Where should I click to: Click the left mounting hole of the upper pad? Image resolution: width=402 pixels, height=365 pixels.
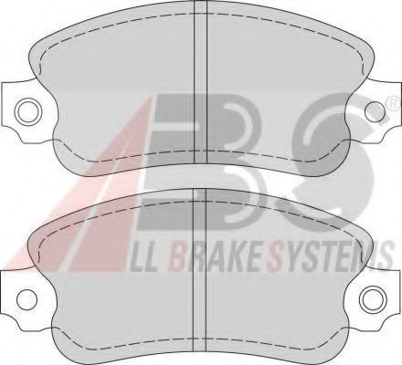coord(28,111)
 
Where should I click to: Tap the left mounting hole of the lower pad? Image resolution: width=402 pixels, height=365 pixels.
coord(26,298)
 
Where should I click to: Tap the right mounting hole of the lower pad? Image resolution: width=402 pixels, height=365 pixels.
coord(373,298)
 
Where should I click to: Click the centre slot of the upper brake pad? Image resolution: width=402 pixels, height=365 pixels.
coord(200,82)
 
